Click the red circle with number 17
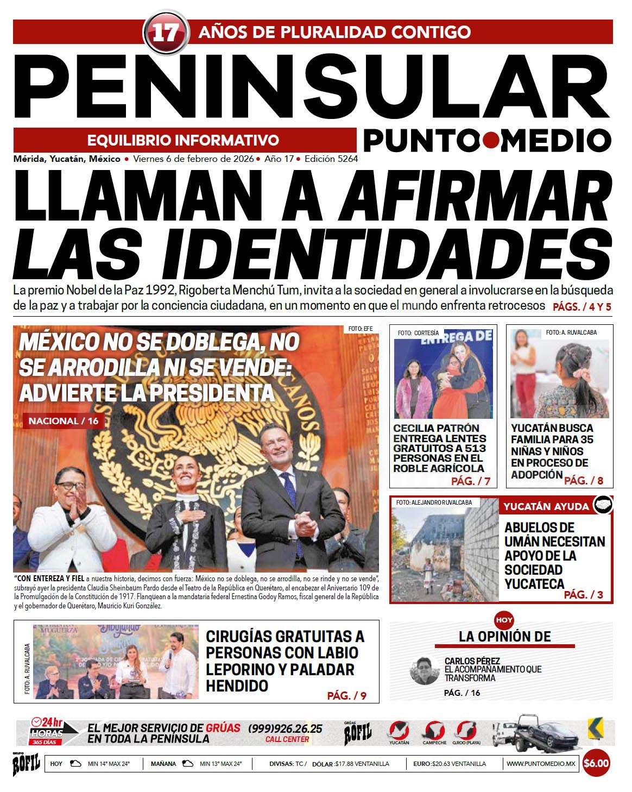(x=165, y=33)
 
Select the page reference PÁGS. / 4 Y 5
(x=582, y=307)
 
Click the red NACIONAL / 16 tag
(x=63, y=420)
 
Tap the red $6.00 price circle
(x=596, y=763)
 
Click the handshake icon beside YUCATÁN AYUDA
(x=602, y=505)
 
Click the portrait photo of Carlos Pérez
(x=424, y=670)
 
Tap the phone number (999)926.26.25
(x=285, y=728)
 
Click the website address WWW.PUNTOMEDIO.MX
(x=540, y=764)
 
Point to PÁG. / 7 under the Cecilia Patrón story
(x=470, y=481)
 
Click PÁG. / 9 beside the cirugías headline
(x=346, y=695)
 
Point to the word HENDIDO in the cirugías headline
(x=237, y=686)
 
